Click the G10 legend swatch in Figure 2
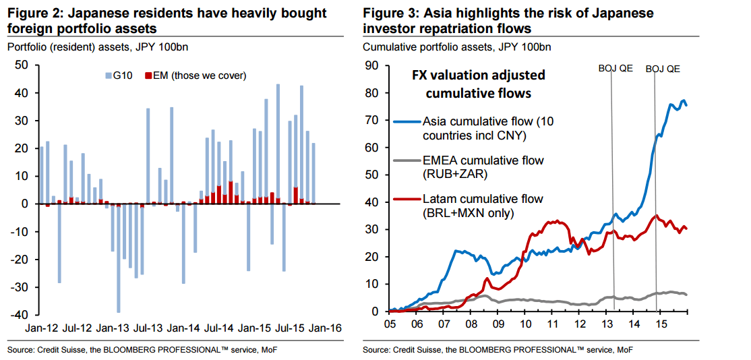coord(107,76)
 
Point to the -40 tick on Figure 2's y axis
coord(20,315)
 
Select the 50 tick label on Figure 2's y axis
coord(22,65)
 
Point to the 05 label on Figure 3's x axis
coord(390,324)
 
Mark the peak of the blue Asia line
coord(683,101)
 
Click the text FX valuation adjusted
coord(479,76)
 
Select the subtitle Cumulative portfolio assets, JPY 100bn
coord(456,47)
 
